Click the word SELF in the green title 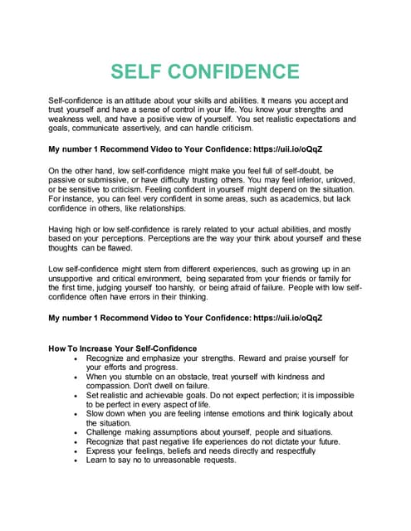pyautogui.click(x=142, y=71)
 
